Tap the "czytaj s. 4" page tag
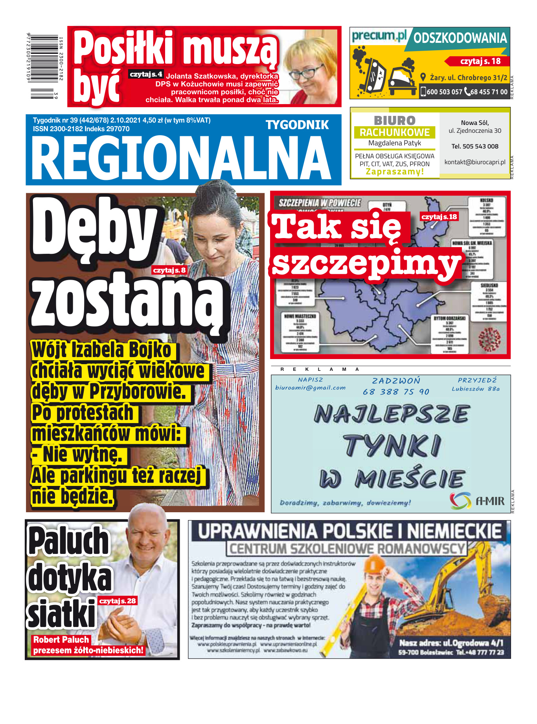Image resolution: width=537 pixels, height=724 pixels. pyautogui.click(x=146, y=74)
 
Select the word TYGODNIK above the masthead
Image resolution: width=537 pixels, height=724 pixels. pyautogui.click(x=297, y=125)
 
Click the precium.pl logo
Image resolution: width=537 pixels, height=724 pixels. pyautogui.click(x=379, y=36)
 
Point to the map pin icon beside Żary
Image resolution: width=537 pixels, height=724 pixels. pyautogui.click(x=423, y=77)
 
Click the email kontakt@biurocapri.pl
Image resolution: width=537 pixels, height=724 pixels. pyautogui.click(x=475, y=162)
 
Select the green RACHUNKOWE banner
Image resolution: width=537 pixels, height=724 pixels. pyautogui.click(x=395, y=132)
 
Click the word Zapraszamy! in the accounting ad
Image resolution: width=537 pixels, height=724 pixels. pyautogui.click(x=395, y=172)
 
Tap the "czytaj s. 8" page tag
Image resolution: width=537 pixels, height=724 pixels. pyautogui.click(x=169, y=270)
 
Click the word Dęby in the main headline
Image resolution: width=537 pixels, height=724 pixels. pyautogui.click(x=94, y=230)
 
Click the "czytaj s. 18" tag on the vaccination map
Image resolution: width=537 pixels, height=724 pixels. pyautogui.click(x=439, y=216)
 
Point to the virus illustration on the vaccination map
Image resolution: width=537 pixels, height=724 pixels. pyautogui.click(x=489, y=339)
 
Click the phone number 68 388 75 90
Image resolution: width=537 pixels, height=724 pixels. pyautogui.click(x=396, y=392)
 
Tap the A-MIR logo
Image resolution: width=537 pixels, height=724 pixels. pyautogui.click(x=477, y=500)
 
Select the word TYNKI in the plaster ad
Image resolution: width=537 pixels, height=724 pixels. pyautogui.click(x=392, y=446)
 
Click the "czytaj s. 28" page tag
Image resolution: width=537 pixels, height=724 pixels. pyautogui.click(x=117, y=601)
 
